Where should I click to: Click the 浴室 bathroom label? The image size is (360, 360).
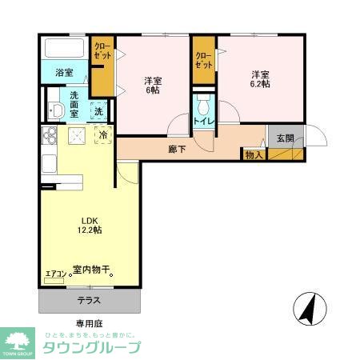point(65,73)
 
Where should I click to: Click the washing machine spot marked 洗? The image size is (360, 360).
point(98,111)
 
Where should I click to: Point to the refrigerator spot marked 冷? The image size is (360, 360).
point(103,136)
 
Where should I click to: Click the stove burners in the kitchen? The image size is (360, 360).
point(48,137)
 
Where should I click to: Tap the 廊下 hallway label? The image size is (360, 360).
point(178,148)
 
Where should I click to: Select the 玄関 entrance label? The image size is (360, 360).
point(285,138)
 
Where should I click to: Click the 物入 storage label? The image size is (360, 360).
point(254,154)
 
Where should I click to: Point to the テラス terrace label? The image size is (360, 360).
point(88,301)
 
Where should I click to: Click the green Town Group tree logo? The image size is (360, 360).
point(17,340)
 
